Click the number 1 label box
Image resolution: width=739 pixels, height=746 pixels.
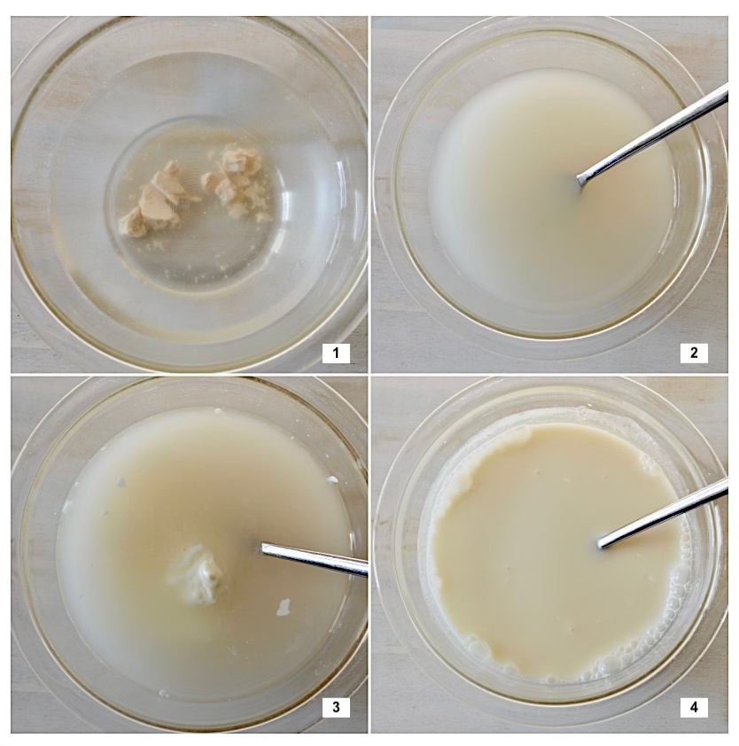[x=336, y=353]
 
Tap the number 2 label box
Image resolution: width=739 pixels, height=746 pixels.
[x=694, y=353]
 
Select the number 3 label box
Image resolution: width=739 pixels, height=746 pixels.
[x=336, y=707]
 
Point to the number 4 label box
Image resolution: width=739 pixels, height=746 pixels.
[x=694, y=707]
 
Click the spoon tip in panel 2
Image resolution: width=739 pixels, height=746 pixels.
[x=580, y=180]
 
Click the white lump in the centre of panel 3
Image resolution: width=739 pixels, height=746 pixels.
[x=198, y=575]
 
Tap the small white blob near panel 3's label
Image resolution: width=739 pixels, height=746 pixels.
[x=284, y=607]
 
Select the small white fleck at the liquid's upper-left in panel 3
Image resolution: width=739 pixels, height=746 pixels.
[x=121, y=483]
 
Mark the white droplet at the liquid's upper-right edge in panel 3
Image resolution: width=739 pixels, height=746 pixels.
[x=333, y=479]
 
